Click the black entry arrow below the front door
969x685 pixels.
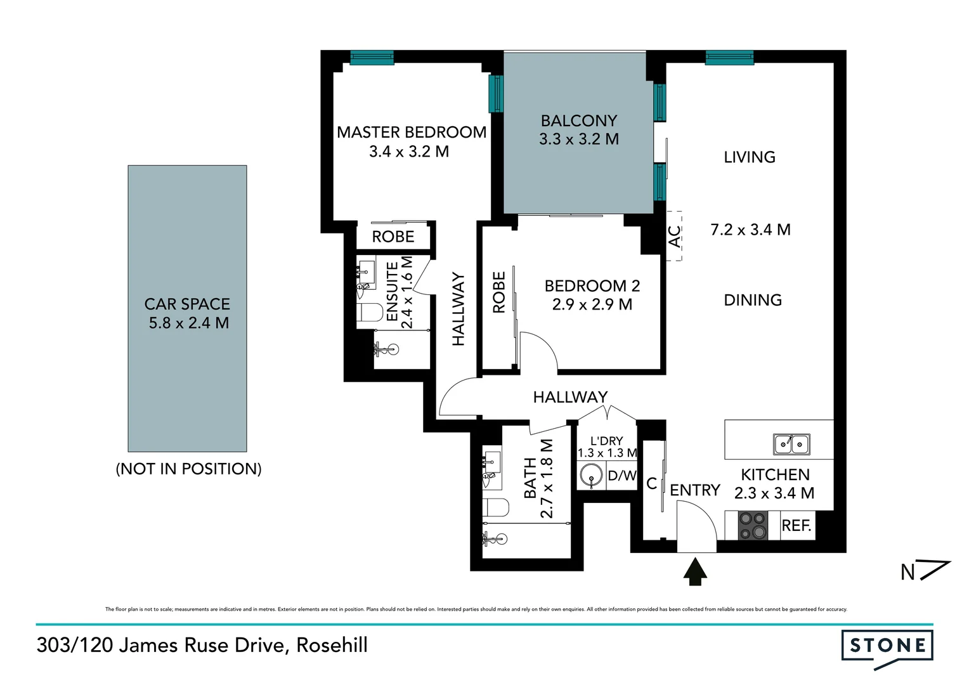pyautogui.click(x=696, y=571)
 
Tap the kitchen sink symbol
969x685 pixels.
pyautogui.click(x=791, y=445)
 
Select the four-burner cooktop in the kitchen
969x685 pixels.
pyautogui.click(x=752, y=526)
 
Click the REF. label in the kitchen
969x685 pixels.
pyautogui.click(x=797, y=526)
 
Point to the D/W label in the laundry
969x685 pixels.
pyautogui.click(x=621, y=476)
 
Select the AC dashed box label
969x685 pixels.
pyautogui.click(x=675, y=237)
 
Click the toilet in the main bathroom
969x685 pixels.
pyautogui.click(x=495, y=509)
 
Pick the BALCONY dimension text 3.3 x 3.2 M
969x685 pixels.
pyautogui.click(x=579, y=140)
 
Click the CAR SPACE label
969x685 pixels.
pyautogui.click(x=187, y=304)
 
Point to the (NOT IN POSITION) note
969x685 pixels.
pyautogui.click(x=188, y=469)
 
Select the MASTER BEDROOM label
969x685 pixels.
pyautogui.click(x=412, y=133)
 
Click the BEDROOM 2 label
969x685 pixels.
pyautogui.click(x=592, y=286)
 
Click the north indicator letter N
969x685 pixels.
pyautogui.click(x=907, y=573)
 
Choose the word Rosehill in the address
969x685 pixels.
pyautogui.click(x=332, y=646)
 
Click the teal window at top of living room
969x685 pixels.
pyautogui.click(x=729, y=58)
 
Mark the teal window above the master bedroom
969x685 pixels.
pyautogui.click(x=372, y=58)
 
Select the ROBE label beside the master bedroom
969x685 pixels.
pyautogui.click(x=393, y=237)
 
